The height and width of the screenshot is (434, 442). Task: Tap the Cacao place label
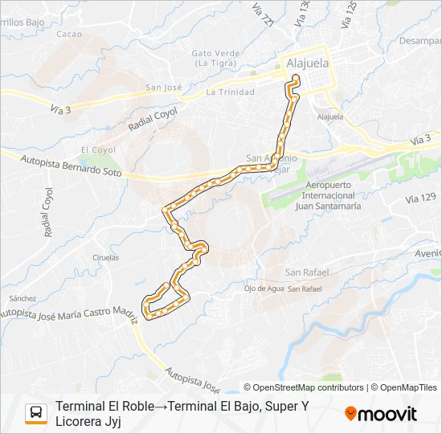[70, 34]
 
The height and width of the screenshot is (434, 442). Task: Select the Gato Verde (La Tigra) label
[213, 58]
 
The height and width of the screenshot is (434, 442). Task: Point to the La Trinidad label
[230, 92]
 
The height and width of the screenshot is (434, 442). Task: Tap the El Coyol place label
[97, 149]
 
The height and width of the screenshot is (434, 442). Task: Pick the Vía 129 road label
[422, 198]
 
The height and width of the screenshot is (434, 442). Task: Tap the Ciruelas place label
[105, 257]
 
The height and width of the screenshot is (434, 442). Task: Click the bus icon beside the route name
[36, 413]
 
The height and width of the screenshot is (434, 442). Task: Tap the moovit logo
[381, 414]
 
